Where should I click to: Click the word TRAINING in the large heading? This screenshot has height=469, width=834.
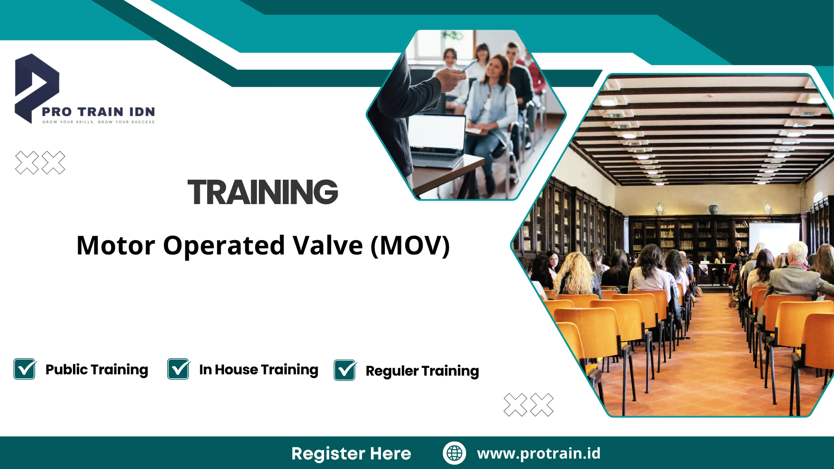[x=262, y=192]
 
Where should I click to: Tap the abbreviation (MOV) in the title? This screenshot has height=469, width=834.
[x=410, y=246]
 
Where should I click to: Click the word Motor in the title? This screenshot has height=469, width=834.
[x=116, y=246]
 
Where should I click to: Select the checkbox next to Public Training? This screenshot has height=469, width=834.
[x=25, y=369]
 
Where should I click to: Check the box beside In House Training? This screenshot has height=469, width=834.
[x=179, y=369]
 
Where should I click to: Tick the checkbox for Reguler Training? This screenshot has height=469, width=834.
[x=345, y=370]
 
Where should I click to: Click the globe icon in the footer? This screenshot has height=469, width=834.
[x=454, y=453]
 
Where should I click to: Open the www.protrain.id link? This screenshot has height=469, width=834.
[x=539, y=453]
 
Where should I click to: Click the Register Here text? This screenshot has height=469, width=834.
[x=351, y=453]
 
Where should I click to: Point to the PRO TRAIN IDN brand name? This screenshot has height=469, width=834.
[x=99, y=112]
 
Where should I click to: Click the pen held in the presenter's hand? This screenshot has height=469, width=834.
[x=468, y=66]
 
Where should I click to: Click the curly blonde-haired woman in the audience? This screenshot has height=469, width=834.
[x=576, y=274]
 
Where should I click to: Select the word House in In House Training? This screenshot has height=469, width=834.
[x=236, y=370]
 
